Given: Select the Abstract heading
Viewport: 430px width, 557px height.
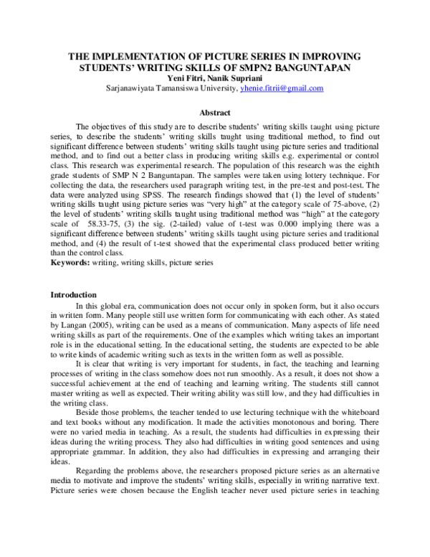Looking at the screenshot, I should (214, 113).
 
